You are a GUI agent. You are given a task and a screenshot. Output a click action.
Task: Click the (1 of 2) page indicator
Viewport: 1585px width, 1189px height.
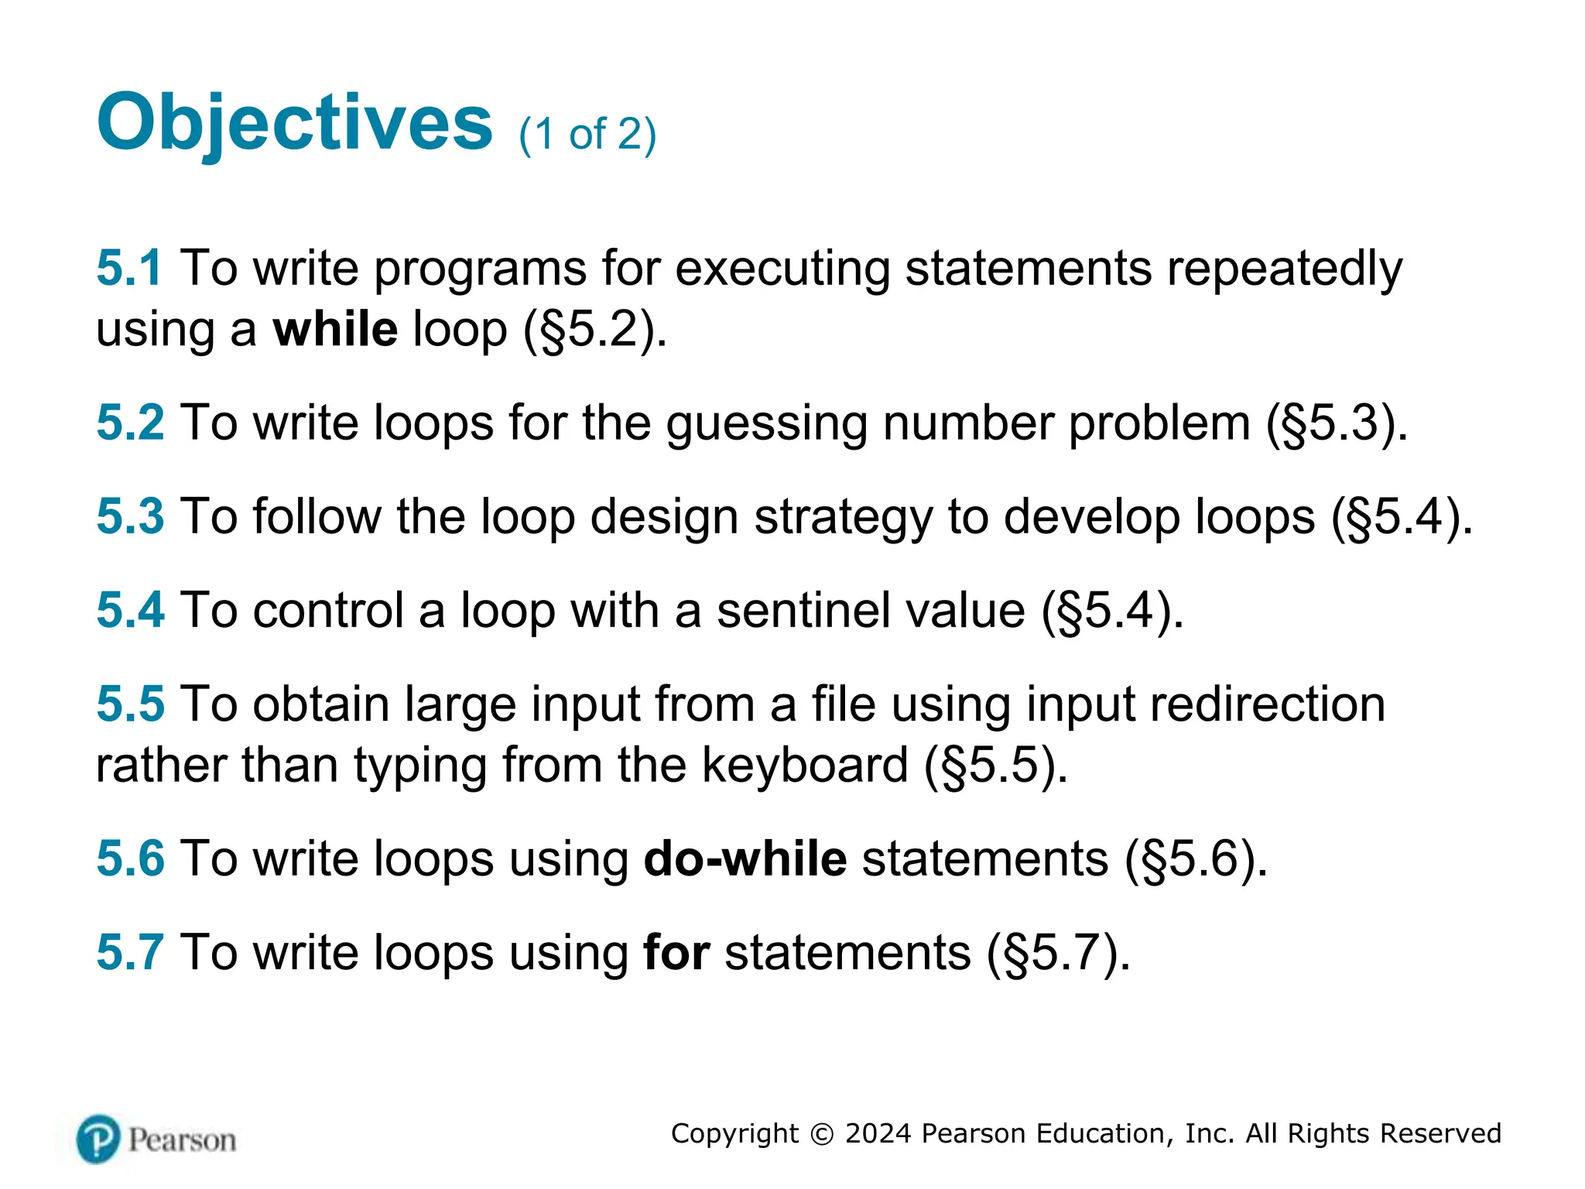pyautogui.click(x=587, y=135)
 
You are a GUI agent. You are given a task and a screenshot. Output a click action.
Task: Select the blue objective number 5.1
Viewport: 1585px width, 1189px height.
pyautogui.click(x=128, y=269)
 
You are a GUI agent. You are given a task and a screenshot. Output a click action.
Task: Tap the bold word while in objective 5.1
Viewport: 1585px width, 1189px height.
pyautogui.click(x=335, y=329)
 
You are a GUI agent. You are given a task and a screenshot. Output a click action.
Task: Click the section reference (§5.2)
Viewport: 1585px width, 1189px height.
pyautogui.click(x=594, y=331)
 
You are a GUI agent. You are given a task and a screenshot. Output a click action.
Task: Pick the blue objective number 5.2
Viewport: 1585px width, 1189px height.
pyautogui.click(x=130, y=423)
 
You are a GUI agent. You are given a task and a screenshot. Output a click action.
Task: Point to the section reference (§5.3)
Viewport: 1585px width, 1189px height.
pyautogui.click(x=1337, y=424)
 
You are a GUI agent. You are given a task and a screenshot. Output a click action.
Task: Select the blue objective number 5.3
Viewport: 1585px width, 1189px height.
pyautogui.click(x=130, y=516)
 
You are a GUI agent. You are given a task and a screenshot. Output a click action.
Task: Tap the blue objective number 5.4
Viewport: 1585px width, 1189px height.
pyautogui.click(x=130, y=610)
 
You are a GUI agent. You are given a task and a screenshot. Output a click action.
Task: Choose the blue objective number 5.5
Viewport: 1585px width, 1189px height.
pyautogui.click(x=130, y=704)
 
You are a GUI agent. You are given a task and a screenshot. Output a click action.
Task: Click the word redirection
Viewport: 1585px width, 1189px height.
pyautogui.click(x=1267, y=704)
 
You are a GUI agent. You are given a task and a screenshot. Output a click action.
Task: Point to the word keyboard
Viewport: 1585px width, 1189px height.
pyautogui.click(x=805, y=766)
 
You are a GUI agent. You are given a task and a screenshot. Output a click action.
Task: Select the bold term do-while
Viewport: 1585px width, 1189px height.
pyautogui.click(x=745, y=859)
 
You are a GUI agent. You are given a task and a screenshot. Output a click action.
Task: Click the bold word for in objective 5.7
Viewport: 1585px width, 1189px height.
pyautogui.click(x=676, y=952)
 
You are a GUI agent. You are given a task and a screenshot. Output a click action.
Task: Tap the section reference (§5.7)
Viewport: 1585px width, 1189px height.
pyautogui.click(x=1058, y=953)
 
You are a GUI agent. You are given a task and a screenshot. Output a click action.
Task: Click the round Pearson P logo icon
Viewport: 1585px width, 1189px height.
pyautogui.click(x=98, y=1139)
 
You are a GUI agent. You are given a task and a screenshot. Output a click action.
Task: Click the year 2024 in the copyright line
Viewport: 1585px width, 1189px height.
pyautogui.click(x=878, y=1134)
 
